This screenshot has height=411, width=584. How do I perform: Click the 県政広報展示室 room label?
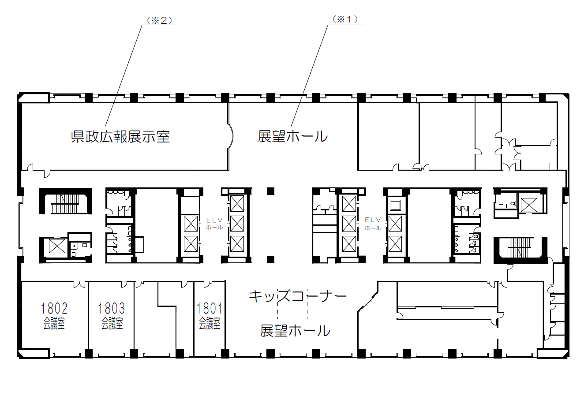[x=120, y=137]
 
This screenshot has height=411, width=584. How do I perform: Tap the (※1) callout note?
[x=345, y=19]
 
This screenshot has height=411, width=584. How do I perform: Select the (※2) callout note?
[x=159, y=20]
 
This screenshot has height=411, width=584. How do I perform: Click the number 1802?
[x=54, y=308]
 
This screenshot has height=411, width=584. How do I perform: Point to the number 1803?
[x=111, y=308]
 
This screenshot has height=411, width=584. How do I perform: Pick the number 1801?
[x=210, y=308]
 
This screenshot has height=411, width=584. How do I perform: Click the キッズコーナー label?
[x=297, y=296]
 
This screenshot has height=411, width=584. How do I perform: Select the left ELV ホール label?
[x=214, y=224]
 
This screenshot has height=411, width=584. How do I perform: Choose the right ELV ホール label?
[x=373, y=224]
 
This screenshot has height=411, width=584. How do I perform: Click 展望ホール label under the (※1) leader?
[x=293, y=136]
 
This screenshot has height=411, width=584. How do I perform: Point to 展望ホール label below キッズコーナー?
[x=295, y=331]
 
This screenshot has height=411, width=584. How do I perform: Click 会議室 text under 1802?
[x=54, y=323]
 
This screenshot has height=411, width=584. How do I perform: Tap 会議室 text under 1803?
[x=112, y=323]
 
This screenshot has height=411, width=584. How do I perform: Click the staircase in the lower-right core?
[x=519, y=247]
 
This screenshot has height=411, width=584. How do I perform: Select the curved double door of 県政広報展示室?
[x=231, y=136]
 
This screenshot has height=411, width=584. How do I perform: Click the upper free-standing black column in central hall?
[x=271, y=191]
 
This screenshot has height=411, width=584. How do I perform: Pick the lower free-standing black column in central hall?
[x=271, y=259]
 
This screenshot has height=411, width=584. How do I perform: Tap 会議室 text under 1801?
[x=210, y=323]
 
